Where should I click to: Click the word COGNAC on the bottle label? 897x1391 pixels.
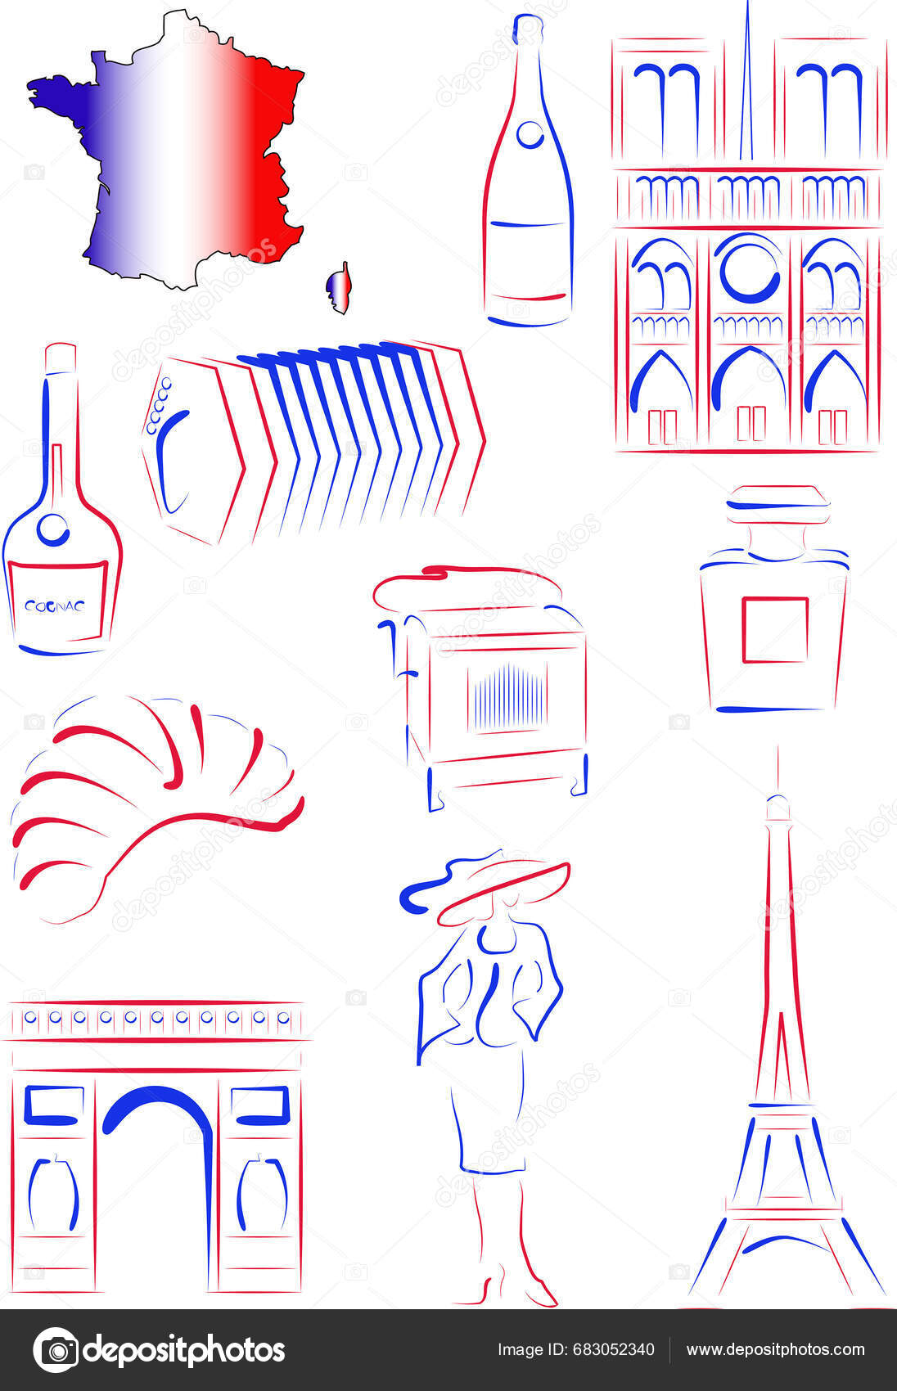54,606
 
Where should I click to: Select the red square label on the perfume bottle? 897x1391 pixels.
774,629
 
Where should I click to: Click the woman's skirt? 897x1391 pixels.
489,1122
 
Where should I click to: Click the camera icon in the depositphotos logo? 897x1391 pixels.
56,1350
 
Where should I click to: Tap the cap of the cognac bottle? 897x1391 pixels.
60,358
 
